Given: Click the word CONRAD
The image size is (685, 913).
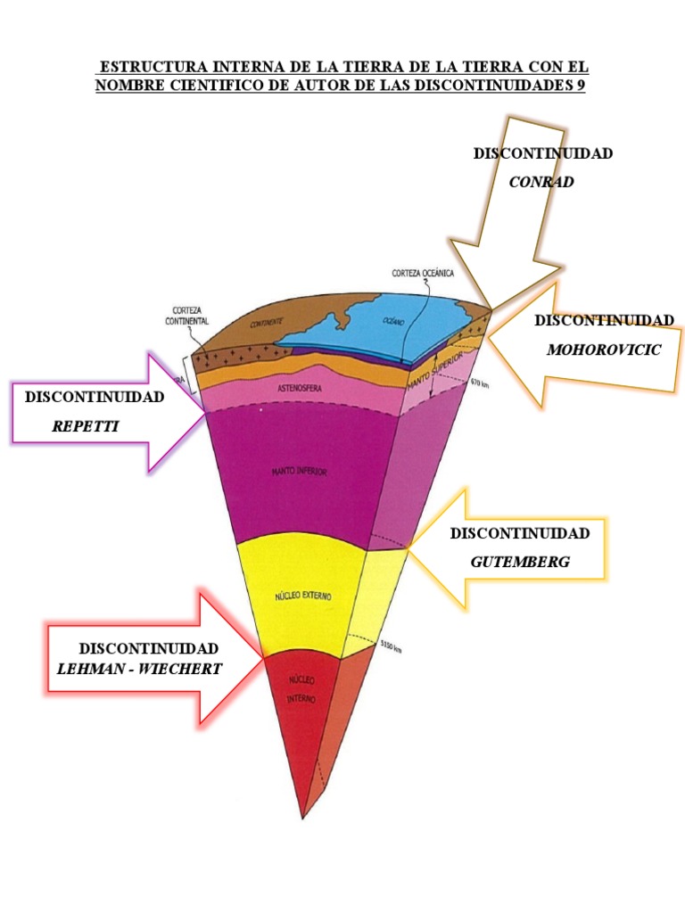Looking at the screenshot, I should (x=541, y=182).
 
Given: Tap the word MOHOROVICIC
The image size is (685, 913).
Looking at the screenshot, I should (x=604, y=350).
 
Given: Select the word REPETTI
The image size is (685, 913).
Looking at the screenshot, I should (x=86, y=426).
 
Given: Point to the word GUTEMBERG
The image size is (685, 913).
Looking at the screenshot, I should (x=520, y=562).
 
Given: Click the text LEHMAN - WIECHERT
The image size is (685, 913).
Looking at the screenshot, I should (x=139, y=668).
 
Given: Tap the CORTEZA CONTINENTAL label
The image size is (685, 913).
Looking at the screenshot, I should (x=186, y=315).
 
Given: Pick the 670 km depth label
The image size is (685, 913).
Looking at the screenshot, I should (x=480, y=382).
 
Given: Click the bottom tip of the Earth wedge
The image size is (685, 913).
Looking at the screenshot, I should (x=303, y=816).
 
